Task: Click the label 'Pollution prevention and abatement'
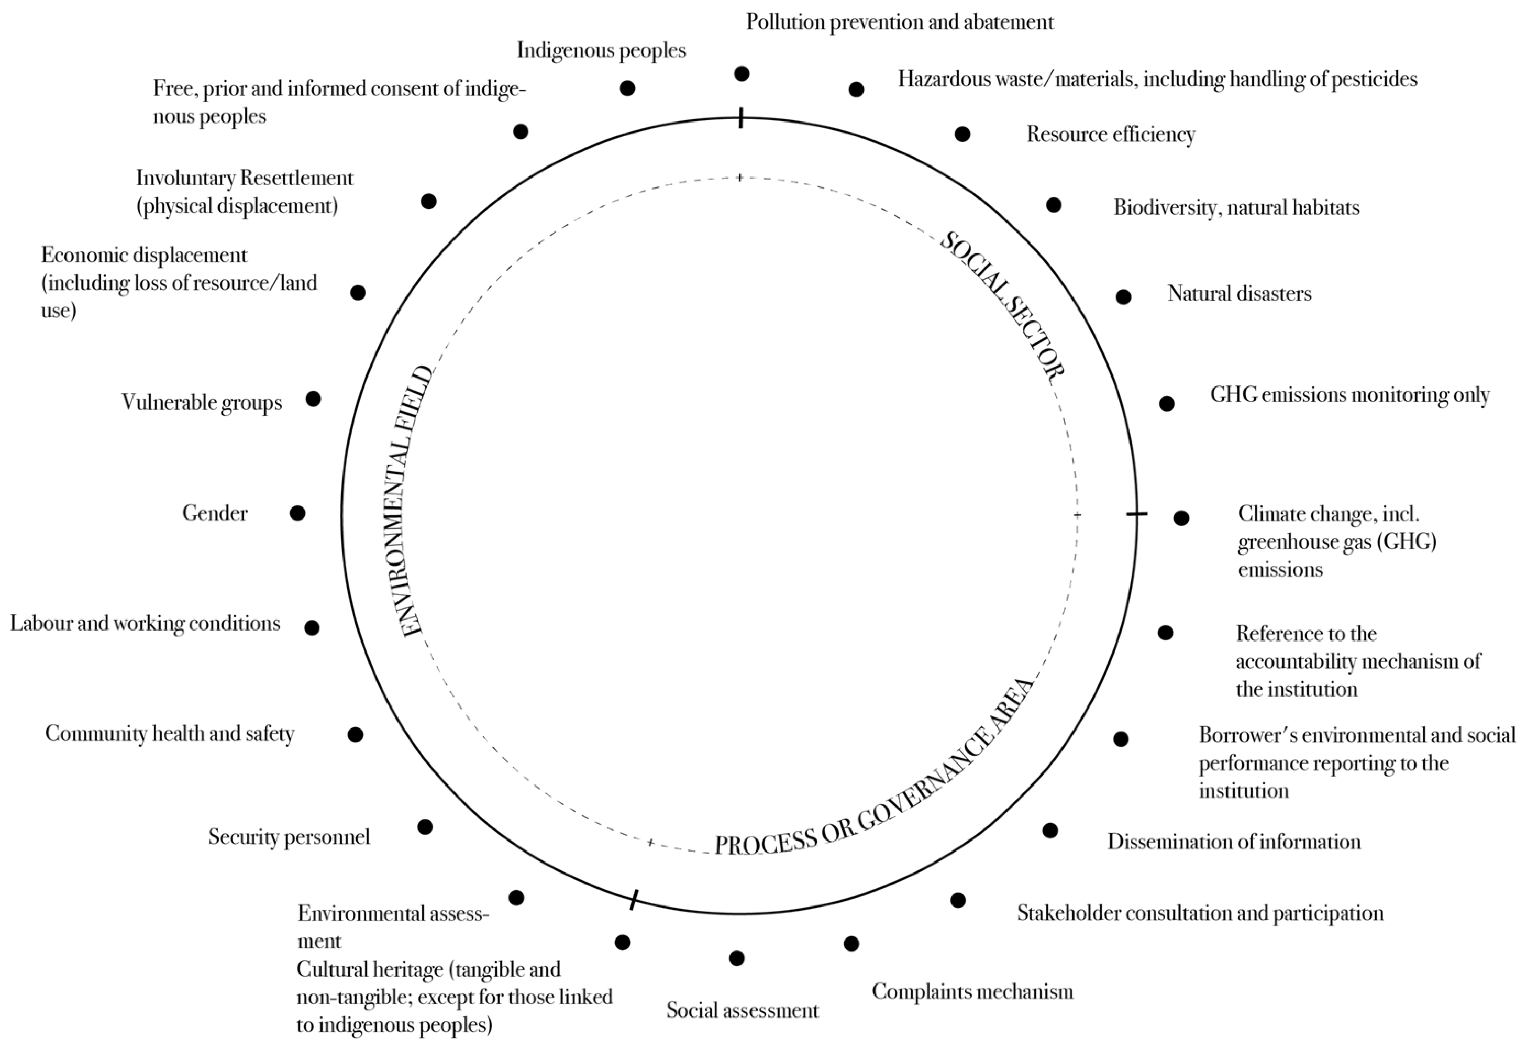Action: click(x=899, y=23)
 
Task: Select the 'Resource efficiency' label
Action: click(x=1111, y=134)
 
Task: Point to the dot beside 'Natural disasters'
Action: click(x=1123, y=297)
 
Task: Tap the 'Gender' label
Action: click(x=215, y=513)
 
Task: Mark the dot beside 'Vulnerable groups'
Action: click(x=313, y=399)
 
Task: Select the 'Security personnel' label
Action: click(x=289, y=837)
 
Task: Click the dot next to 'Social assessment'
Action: click(x=737, y=958)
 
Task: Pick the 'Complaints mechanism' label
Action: click(x=972, y=991)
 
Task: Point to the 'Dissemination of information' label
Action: click(x=1234, y=842)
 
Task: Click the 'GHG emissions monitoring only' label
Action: click(x=1350, y=395)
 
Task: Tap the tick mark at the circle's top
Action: click(x=741, y=118)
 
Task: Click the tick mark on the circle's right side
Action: click(x=1137, y=514)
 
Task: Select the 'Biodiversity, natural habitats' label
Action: click(x=1236, y=208)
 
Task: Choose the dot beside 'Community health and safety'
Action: click(x=355, y=735)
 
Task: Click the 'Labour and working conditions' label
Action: click(x=146, y=624)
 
